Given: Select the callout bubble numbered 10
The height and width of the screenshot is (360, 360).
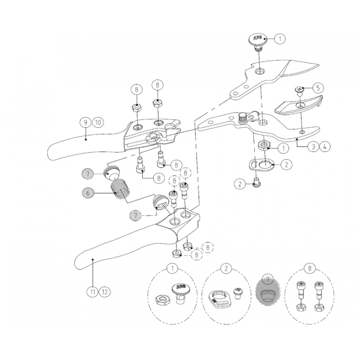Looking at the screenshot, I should (98, 122).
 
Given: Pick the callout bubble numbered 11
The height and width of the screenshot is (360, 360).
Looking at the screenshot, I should (92, 291).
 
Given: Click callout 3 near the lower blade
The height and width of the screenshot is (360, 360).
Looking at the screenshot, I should (313, 146).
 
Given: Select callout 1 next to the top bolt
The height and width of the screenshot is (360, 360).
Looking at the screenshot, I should (279, 39).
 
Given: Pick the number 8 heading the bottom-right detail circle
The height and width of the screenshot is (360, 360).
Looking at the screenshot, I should (310, 269).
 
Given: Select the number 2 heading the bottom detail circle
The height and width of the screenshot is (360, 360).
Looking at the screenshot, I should (225, 269).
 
